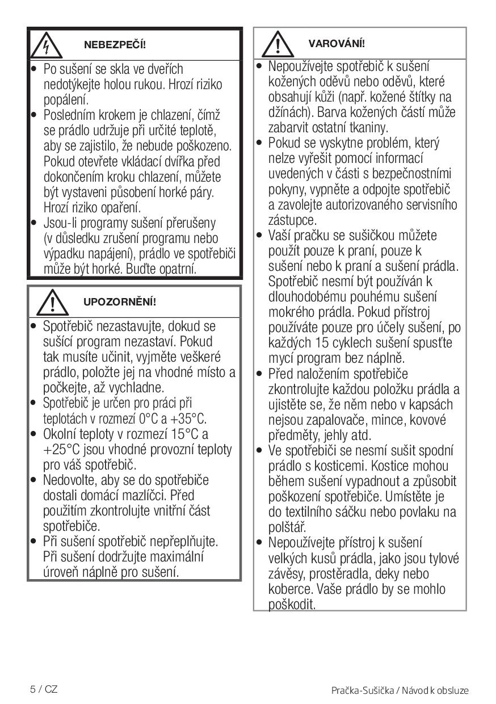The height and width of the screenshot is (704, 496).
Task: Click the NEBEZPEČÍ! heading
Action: [115, 44]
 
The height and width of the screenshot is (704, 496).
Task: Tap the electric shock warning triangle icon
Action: [48, 44]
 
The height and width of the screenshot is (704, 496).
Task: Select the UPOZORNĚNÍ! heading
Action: [120, 301]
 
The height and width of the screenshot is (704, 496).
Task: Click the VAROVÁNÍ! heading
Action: [337, 44]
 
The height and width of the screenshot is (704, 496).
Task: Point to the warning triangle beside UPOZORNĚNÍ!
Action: [52, 302]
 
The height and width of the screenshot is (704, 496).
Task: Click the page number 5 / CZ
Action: [44, 689]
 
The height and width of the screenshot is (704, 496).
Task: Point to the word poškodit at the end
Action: [292, 604]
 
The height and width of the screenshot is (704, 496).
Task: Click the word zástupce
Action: [292, 220]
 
